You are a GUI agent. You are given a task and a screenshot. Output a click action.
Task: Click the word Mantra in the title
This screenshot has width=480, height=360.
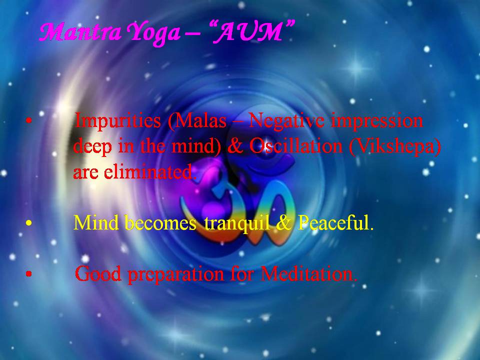(80, 32)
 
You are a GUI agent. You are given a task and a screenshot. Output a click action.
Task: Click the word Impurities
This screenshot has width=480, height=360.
(118, 121)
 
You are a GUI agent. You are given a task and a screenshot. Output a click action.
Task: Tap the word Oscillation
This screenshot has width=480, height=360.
(295, 146)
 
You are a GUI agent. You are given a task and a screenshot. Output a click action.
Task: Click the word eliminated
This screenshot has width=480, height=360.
(149, 172)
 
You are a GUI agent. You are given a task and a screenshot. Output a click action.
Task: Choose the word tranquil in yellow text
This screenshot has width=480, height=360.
(237, 223)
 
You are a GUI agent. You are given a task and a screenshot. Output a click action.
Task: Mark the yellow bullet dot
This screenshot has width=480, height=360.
(29, 223)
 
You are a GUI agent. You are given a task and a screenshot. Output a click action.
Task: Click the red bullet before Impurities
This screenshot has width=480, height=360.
(29, 121)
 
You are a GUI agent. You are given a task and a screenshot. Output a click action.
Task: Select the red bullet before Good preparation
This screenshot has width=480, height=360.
(29, 274)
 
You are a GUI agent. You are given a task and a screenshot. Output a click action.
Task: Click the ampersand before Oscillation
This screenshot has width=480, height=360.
(235, 146)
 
